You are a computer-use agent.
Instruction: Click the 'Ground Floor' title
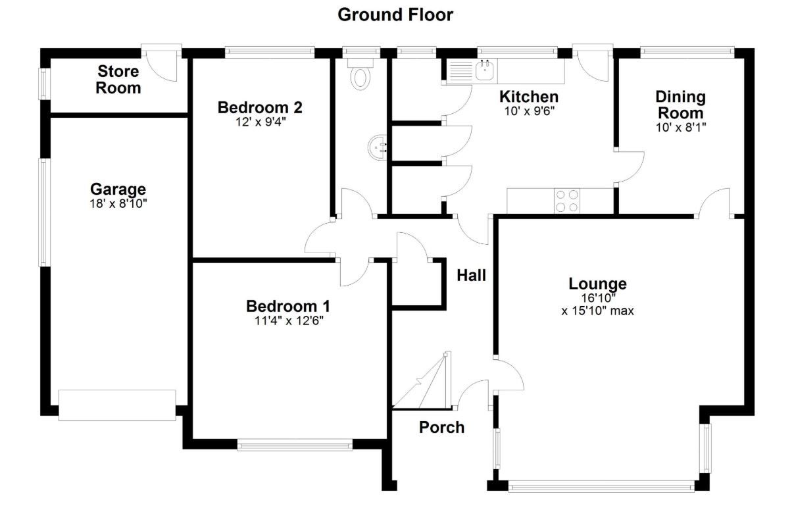[x=395, y=15]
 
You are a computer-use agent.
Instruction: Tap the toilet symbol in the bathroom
[x=360, y=74]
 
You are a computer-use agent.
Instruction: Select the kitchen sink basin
[x=485, y=70]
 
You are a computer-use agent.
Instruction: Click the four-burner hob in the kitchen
[x=567, y=201]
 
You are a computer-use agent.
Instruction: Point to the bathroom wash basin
[x=378, y=147]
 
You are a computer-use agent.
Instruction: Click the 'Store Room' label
[x=118, y=80]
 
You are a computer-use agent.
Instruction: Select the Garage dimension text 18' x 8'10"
[x=118, y=203]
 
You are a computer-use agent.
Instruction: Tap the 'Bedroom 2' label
[x=261, y=107]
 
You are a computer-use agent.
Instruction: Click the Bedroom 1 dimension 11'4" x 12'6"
[x=289, y=321]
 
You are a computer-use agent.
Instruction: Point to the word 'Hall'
[x=471, y=276]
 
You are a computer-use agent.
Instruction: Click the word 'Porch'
[x=441, y=427]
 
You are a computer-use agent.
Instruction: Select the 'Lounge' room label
[x=597, y=284]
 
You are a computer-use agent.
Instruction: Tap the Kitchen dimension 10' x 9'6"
[x=529, y=111]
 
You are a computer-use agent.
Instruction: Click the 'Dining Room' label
[x=680, y=105]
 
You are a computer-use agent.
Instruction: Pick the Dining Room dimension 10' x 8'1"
[x=681, y=127]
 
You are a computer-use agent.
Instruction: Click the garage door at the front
[x=117, y=405]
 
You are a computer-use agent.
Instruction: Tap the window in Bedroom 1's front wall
[x=295, y=445]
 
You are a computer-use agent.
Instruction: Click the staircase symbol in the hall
[x=422, y=380]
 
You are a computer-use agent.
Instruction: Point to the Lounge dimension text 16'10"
[x=598, y=298]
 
